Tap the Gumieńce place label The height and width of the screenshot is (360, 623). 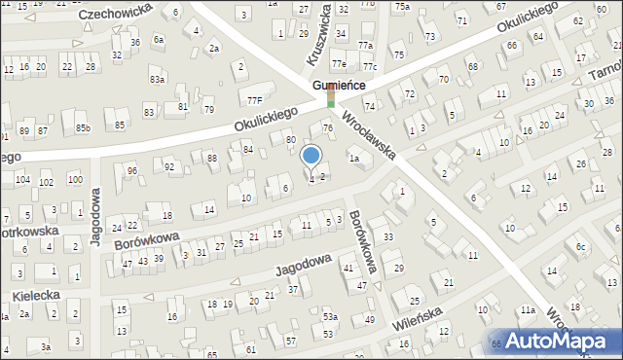coord(339,86)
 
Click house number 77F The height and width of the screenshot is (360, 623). coord(254,98)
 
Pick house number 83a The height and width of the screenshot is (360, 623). coord(157,79)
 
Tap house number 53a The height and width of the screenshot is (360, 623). coord(331,317)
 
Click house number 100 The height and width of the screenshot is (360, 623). coord(74,180)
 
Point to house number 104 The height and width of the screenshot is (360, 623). coord(21,180)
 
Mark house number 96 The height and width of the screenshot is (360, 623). coord(131,171)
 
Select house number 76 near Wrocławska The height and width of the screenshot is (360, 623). coord(327,127)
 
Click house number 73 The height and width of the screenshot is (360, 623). coord(429,36)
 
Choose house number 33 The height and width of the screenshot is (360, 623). coord(387,236)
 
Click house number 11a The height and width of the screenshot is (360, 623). coord(527,309)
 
